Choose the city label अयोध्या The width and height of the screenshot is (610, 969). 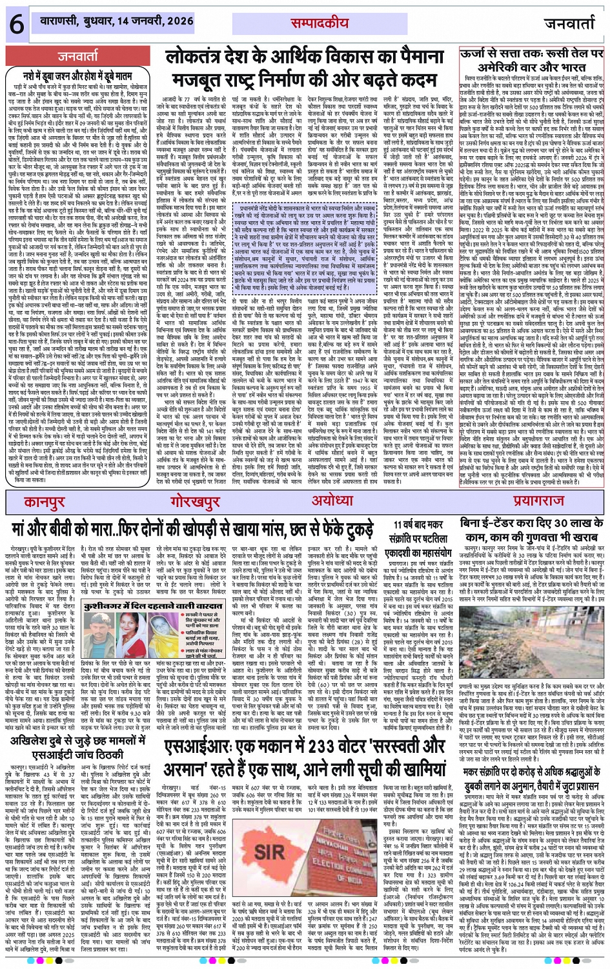coord(332,501)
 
